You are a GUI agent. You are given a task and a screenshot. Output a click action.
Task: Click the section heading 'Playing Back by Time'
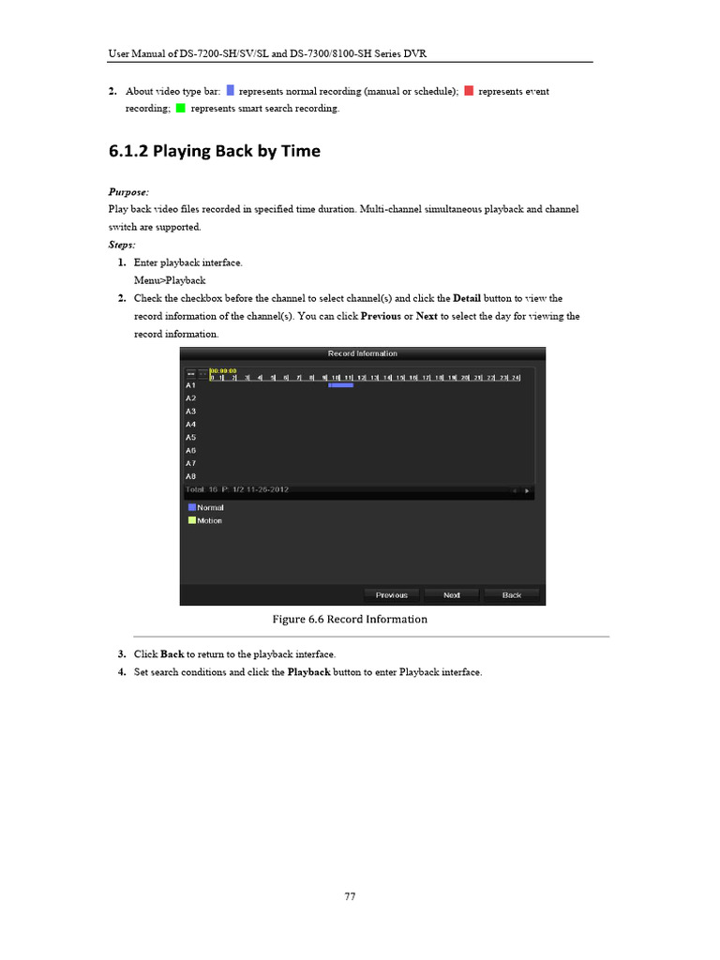[x=215, y=150]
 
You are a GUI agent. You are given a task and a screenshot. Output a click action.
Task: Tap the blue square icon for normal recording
[x=231, y=91]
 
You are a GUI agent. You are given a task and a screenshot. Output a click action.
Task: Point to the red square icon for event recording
[x=469, y=91]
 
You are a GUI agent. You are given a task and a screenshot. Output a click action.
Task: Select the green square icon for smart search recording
[x=180, y=109]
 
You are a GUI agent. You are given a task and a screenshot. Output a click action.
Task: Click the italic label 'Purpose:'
[x=128, y=191]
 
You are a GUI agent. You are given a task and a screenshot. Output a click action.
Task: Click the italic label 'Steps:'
[x=122, y=244]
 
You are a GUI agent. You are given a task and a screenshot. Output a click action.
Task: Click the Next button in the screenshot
[x=452, y=595]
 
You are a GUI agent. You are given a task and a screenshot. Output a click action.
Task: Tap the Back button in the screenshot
[x=512, y=595]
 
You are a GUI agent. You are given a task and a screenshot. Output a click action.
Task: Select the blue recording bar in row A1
[x=340, y=385]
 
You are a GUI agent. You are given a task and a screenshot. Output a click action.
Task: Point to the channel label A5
[x=190, y=437]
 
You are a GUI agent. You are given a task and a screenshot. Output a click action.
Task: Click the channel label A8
[x=190, y=476]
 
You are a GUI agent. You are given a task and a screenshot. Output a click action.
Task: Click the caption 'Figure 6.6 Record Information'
[x=350, y=620]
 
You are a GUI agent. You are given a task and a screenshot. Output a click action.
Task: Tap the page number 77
[x=350, y=896]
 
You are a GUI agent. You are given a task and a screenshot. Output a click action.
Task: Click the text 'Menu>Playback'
[x=170, y=280]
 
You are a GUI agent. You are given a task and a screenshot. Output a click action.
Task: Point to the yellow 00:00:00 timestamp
[x=223, y=370]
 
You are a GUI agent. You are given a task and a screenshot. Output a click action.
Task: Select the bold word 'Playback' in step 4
[x=308, y=672]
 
